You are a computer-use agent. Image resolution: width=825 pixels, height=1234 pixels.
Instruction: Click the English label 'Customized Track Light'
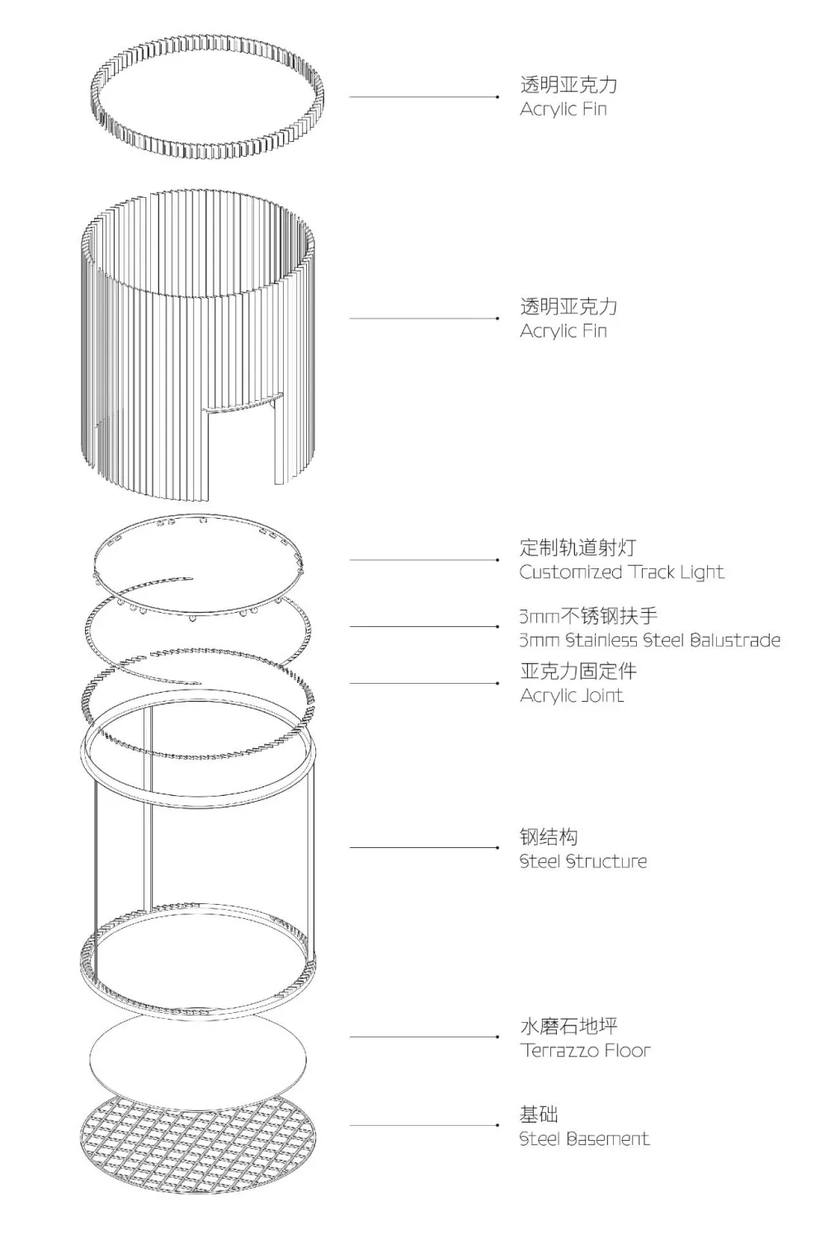[x=621, y=572]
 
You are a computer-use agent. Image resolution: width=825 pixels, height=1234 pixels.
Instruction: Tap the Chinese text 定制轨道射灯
[x=577, y=547]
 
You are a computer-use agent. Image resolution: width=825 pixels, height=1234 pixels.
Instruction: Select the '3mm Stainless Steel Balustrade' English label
[x=649, y=640]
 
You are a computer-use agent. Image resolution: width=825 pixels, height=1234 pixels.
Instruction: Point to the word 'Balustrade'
[x=734, y=640]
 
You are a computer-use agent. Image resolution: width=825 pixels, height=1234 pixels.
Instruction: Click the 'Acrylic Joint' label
[x=571, y=695]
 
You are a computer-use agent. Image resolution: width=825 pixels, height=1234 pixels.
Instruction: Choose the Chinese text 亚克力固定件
[x=577, y=671]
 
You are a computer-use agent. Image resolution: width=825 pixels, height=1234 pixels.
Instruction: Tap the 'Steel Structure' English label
[x=582, y=861]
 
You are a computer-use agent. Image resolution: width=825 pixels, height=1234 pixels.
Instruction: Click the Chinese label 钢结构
[x=548, y=836]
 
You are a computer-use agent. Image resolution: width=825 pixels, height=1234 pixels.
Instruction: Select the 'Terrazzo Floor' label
[x=585, y=1051]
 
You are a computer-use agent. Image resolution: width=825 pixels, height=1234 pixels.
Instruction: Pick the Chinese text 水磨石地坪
[x=568, y=1026]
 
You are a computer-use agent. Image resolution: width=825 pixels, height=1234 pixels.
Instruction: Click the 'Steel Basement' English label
[x=584, y=1139]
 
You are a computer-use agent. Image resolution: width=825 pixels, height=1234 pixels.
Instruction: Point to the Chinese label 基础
[x=539, y=1114]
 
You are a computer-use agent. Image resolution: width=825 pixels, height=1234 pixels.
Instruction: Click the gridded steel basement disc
[x=198, y=1142]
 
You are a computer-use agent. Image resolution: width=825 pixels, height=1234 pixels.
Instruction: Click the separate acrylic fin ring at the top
[x=205, y=97]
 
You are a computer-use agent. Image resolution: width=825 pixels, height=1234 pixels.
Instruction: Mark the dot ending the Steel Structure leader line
[x=497, y=847]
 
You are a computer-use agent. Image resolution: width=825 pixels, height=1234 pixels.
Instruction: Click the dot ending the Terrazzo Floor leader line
[x=497, y=1037]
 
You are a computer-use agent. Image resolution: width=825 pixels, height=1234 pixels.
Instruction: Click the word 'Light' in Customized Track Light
[x=701, y=572]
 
